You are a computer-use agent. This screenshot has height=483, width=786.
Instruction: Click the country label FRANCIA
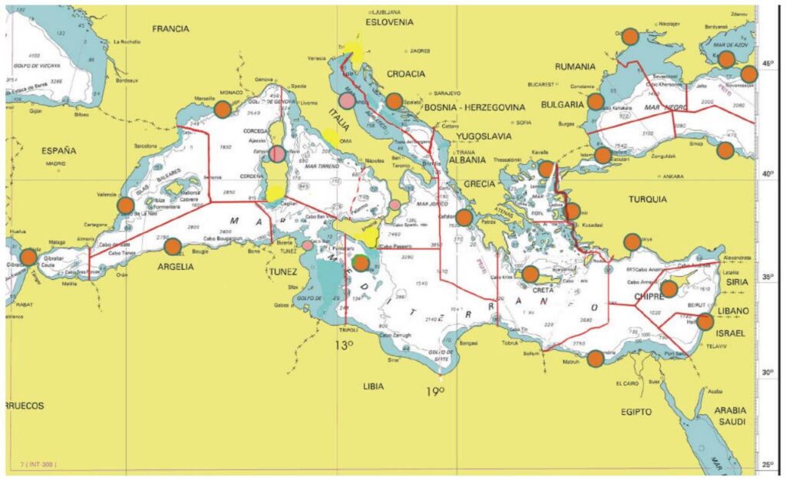click(170, 28)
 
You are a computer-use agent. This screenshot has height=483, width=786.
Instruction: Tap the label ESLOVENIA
click(388, 23)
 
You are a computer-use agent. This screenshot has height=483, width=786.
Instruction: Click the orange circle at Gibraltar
click(28, 258)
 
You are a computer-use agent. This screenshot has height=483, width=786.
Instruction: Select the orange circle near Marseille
click(223, 109)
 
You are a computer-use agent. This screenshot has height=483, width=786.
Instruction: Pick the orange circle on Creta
click(530, 274)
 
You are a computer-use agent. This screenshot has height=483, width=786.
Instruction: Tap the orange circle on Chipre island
click(669, 289)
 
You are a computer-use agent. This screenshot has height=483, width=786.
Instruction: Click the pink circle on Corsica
click(278, 154)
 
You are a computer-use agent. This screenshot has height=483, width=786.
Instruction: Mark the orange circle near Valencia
click(124, 205)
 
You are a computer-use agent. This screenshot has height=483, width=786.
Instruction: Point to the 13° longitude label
click(342, 345)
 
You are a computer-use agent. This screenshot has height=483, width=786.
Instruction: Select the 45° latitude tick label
click(767, 63)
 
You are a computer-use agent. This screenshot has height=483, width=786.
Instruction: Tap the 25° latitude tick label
click(767, 464)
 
